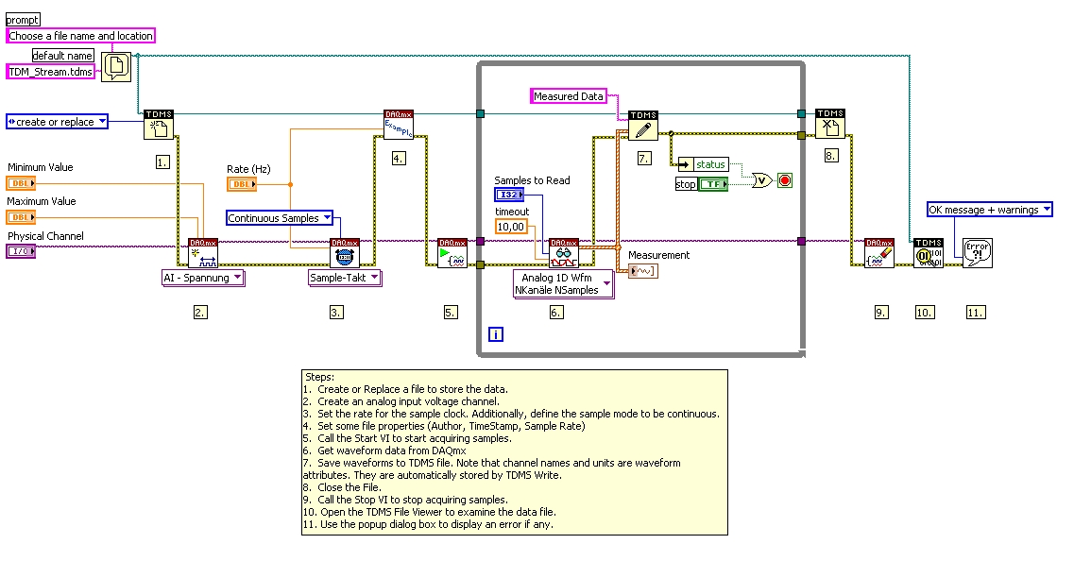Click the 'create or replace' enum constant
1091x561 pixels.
click(57, 122)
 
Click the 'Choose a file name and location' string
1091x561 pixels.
click(80, 36)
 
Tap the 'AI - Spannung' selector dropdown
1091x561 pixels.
click(203, 278)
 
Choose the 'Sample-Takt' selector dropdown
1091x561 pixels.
click(345, 278)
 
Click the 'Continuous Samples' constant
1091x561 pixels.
click(280, 218)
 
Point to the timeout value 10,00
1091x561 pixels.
click(511, 227)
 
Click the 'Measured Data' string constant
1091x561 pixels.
click(568, 96)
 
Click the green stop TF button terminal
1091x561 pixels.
click(712, 183)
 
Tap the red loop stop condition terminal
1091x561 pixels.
click(784, 179)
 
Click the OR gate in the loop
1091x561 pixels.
click(759, 179)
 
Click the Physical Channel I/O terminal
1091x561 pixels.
click(21, 251)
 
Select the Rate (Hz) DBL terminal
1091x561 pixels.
click(241, 184)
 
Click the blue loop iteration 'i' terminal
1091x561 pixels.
click(496, 333)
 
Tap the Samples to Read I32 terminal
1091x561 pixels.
click(508, 195)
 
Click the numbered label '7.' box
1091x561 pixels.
click(644, 157)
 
